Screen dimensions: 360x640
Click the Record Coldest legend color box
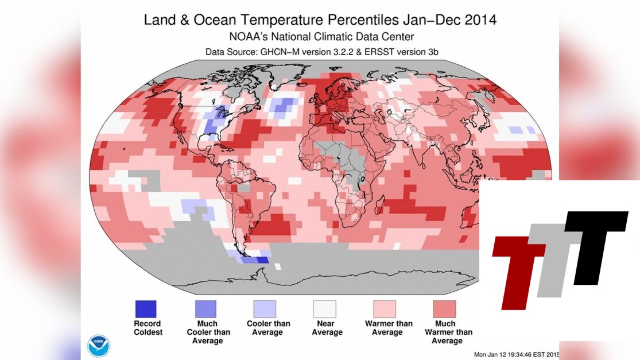click(146, 309)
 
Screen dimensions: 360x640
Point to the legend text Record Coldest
click(148, 328)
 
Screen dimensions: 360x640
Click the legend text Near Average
click(327, 328)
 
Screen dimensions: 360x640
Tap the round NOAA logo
click(98, 346)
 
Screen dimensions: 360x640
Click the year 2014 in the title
click(475, 20)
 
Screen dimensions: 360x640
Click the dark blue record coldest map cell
click(262, 260)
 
